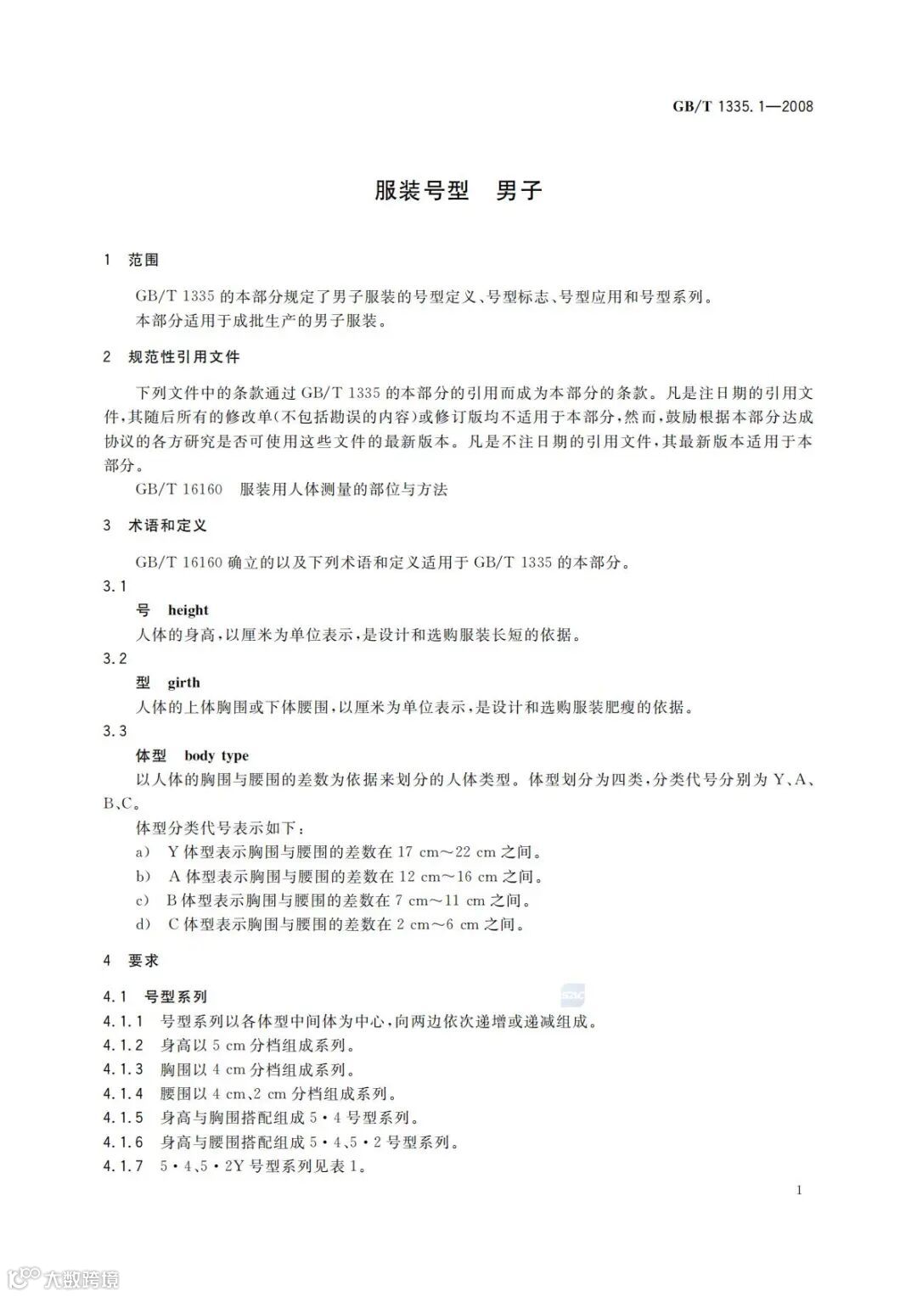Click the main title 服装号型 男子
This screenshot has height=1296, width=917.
[458, 190]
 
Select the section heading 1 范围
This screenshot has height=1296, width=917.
[132, 260]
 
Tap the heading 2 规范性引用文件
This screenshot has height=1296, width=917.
[172, 357]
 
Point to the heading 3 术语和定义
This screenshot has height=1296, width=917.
[155, 525]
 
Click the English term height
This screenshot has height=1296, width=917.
[188, 610]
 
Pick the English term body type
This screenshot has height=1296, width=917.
[217, 755]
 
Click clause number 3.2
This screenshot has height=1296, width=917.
[115, 659]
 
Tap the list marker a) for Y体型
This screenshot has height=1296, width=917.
[143, 852]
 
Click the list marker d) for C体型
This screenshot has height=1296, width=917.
[143, 924]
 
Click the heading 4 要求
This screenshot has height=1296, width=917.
[132, 961]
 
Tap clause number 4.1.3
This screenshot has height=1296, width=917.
[123, 1069]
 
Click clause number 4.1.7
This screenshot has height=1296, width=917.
[123, 1166]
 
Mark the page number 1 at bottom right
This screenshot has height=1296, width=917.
[800, 1190]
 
